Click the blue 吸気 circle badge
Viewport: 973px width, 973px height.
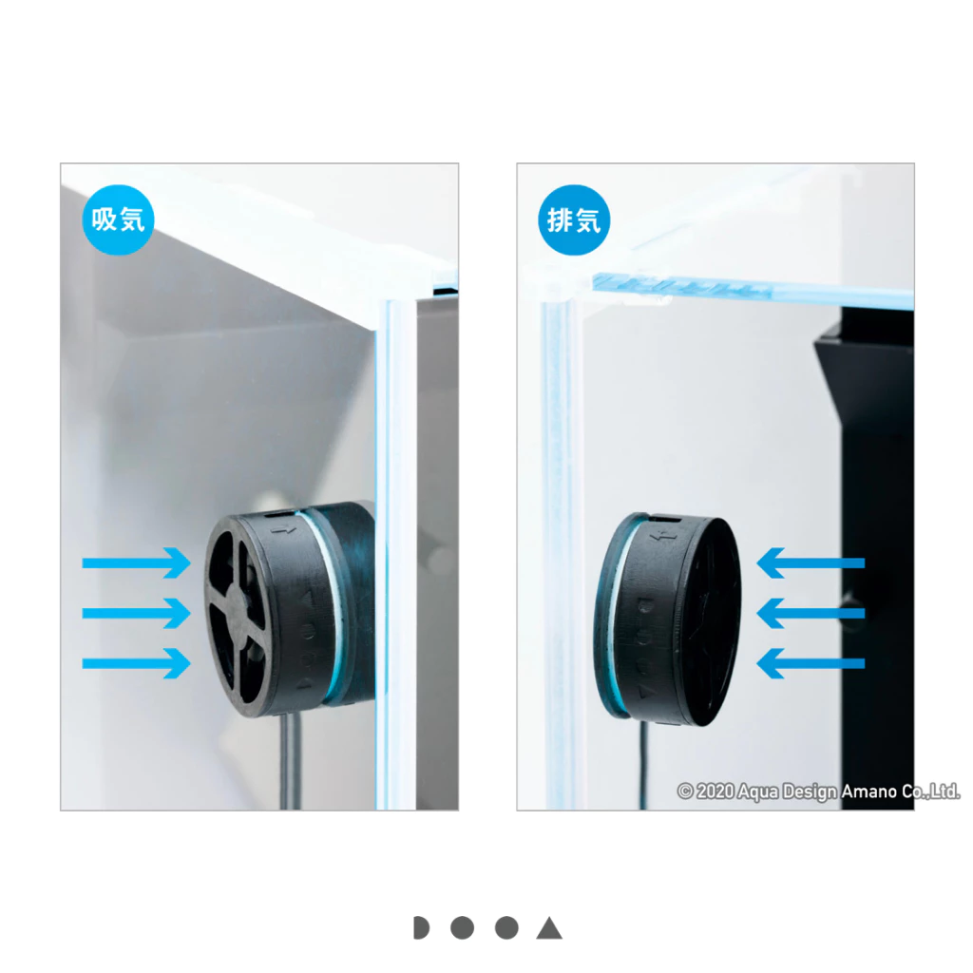point(118,219)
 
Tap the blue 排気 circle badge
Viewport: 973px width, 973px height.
point(574,219)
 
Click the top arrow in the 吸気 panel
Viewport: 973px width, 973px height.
point(137,563)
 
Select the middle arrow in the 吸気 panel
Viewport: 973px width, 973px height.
point(137,613)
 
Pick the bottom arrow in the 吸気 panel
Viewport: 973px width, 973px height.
point(137,663)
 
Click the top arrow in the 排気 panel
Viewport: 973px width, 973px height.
point(811,563)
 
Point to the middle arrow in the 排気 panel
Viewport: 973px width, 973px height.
point(811,613)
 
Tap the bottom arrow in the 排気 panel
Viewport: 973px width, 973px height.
point(811,663)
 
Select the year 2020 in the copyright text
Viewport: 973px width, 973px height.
point(715,792)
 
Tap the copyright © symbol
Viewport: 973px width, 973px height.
point(685,792)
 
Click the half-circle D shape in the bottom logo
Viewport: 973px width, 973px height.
point(421,927)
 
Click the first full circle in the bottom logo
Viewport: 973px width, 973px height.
point(463,927)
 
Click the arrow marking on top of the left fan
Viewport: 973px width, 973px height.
point(283,531)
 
